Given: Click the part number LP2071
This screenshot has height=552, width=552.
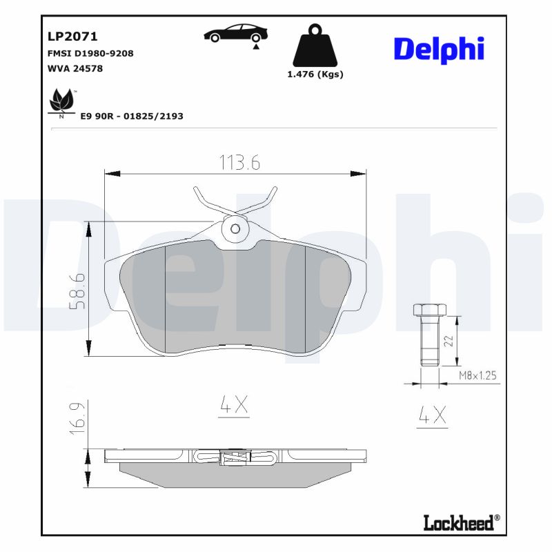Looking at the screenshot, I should [72, 37].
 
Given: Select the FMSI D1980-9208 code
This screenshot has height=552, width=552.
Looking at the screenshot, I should [90, 53].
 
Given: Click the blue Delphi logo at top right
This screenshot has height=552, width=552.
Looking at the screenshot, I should [438, 49].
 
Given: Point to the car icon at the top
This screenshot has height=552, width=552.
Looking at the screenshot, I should [235, 34].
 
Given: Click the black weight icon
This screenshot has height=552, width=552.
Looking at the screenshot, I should [315, 46].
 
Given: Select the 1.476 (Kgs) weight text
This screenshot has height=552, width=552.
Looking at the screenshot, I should [315, 75].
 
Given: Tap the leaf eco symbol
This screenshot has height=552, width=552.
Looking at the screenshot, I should [61, 102].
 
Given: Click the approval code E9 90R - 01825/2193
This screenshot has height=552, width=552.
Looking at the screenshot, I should [132, 117].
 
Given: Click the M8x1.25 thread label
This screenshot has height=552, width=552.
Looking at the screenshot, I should [478, 376].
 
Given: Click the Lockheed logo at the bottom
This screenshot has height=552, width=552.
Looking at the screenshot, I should [460, 522].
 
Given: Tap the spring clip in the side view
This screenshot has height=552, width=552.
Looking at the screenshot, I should [235, 457].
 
